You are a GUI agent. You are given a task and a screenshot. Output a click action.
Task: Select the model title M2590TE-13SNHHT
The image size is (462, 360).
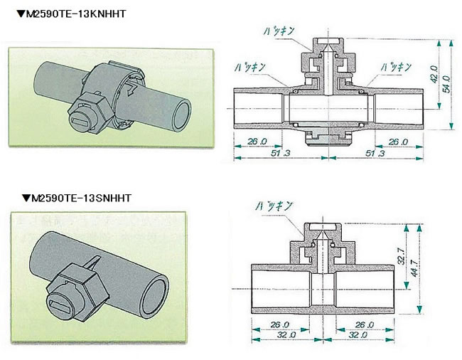[79, 198]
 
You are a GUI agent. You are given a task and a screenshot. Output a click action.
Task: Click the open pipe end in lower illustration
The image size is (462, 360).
[158, 295]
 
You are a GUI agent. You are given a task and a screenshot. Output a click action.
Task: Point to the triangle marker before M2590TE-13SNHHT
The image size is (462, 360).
[26, 198]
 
